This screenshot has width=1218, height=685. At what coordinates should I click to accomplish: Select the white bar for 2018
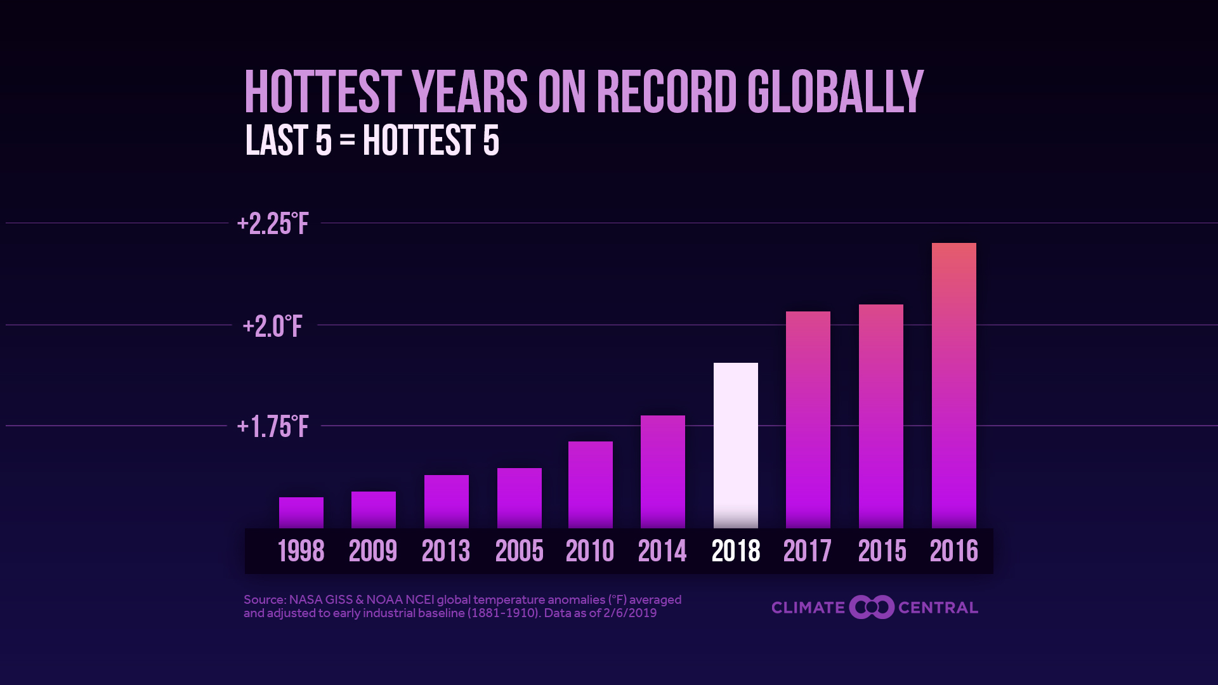(x=735, y=445)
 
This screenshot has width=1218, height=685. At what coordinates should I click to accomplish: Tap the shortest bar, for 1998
(x=301, y=512)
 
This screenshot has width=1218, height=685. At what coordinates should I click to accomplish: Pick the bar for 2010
(x=590, y=485)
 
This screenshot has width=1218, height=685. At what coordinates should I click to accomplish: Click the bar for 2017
(x=808, y=419)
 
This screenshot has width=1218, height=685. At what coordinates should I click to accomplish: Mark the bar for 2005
(x=519, y=498)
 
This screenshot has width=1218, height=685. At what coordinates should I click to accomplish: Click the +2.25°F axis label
(x=273, y=224)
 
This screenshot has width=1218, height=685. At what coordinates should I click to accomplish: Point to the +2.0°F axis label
(x=273, y=326)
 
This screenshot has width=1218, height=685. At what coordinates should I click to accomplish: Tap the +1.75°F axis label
(x=273, y=427)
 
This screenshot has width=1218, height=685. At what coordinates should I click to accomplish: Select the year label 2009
(x=373, y=551)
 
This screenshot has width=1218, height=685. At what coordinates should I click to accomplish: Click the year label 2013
(x=446, y=551)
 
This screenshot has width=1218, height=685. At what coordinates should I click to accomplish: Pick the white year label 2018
(x=736, y=551)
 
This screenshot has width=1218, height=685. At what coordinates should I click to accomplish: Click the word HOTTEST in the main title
(x=323, y=93)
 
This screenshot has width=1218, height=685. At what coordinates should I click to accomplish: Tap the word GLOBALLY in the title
(x=835, y=93)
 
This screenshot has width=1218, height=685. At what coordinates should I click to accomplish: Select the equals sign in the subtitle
(x=347, y=140)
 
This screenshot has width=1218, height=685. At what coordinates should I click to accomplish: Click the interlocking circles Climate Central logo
(x=872, y=608)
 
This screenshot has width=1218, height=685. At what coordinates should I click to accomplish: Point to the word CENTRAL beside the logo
(x=938, y=608)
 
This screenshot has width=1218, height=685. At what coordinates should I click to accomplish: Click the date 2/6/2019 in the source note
(x=630, y=613)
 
